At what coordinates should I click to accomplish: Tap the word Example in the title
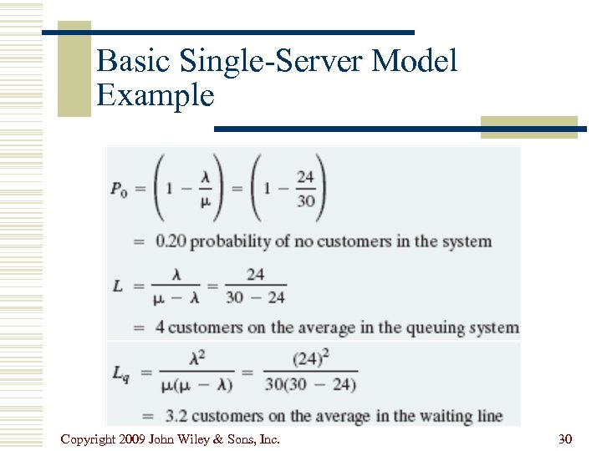tap(156, 95)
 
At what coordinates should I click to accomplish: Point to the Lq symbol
tap(120, 372)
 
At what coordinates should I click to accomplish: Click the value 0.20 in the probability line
tap(171, 241)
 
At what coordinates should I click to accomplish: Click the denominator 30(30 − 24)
tap(309, 385)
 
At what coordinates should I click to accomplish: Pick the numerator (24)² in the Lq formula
tap(309, 357)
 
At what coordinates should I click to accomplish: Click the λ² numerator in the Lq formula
tap(198, 357)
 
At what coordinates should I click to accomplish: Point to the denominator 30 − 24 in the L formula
tap(256, 296)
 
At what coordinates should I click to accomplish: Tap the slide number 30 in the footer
tap(565, 438)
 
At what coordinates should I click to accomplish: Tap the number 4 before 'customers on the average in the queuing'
tap(160, 327)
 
